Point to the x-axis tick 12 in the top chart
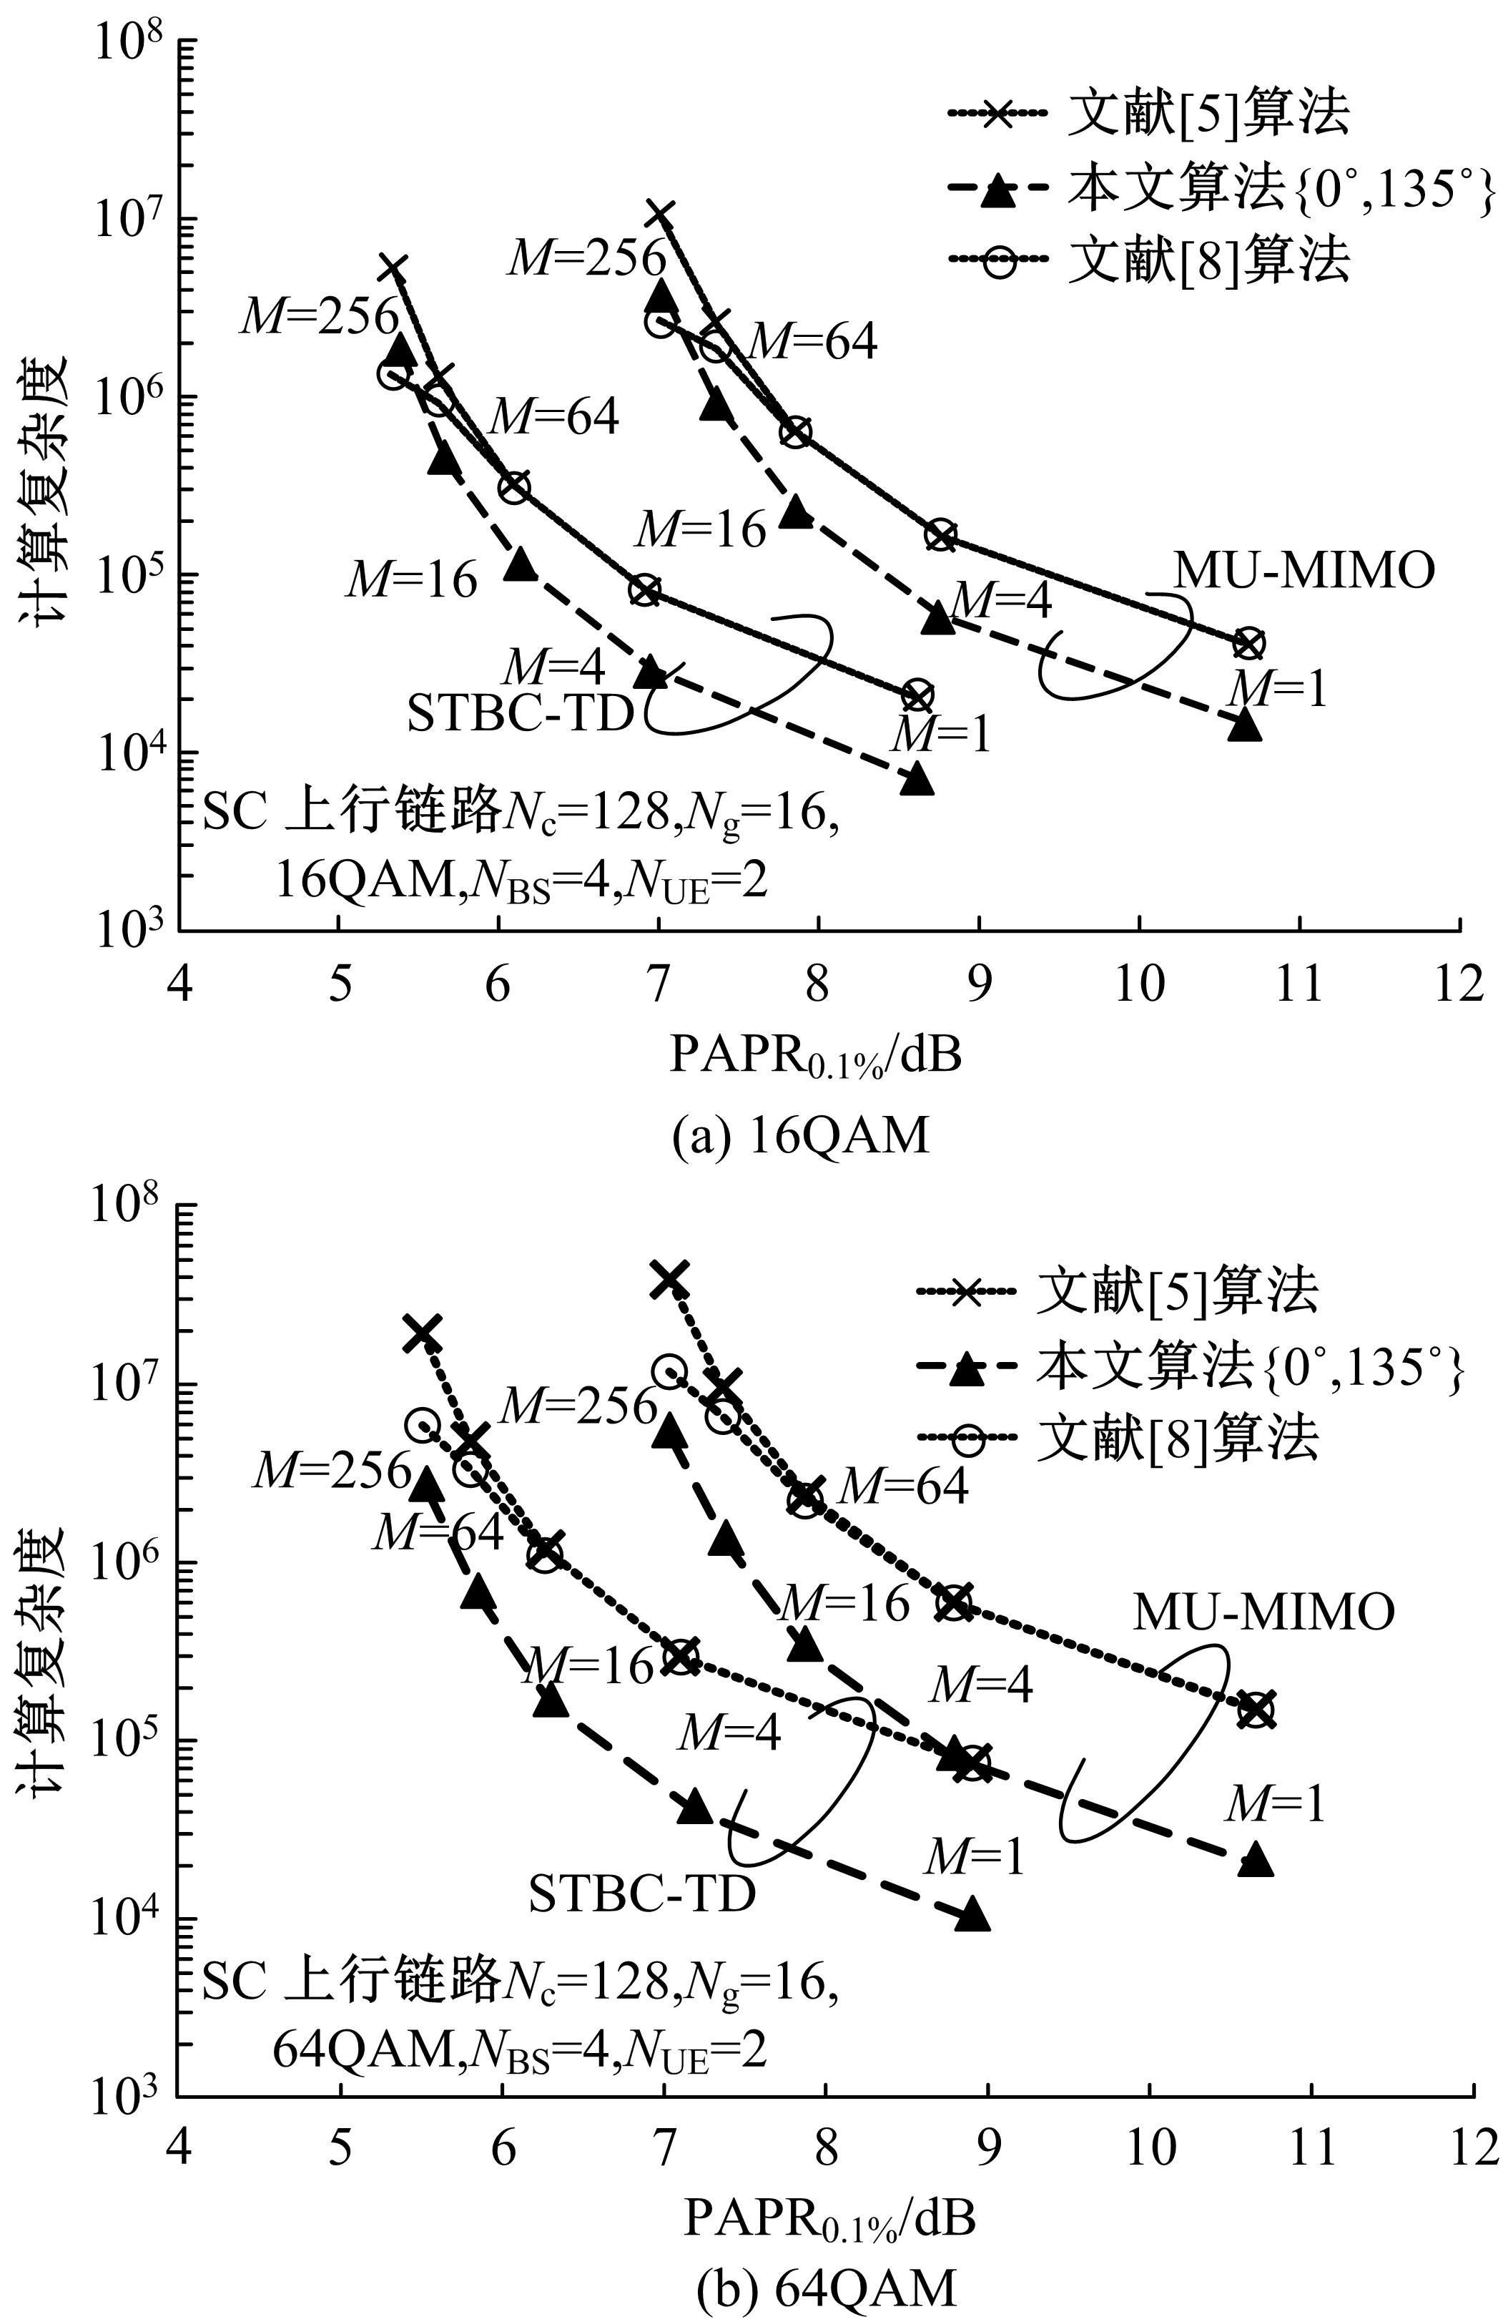tap(1459, 984)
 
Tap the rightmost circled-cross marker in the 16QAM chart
tap(1248, 643)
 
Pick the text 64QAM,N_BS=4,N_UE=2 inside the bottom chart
tap(519, 2049)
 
